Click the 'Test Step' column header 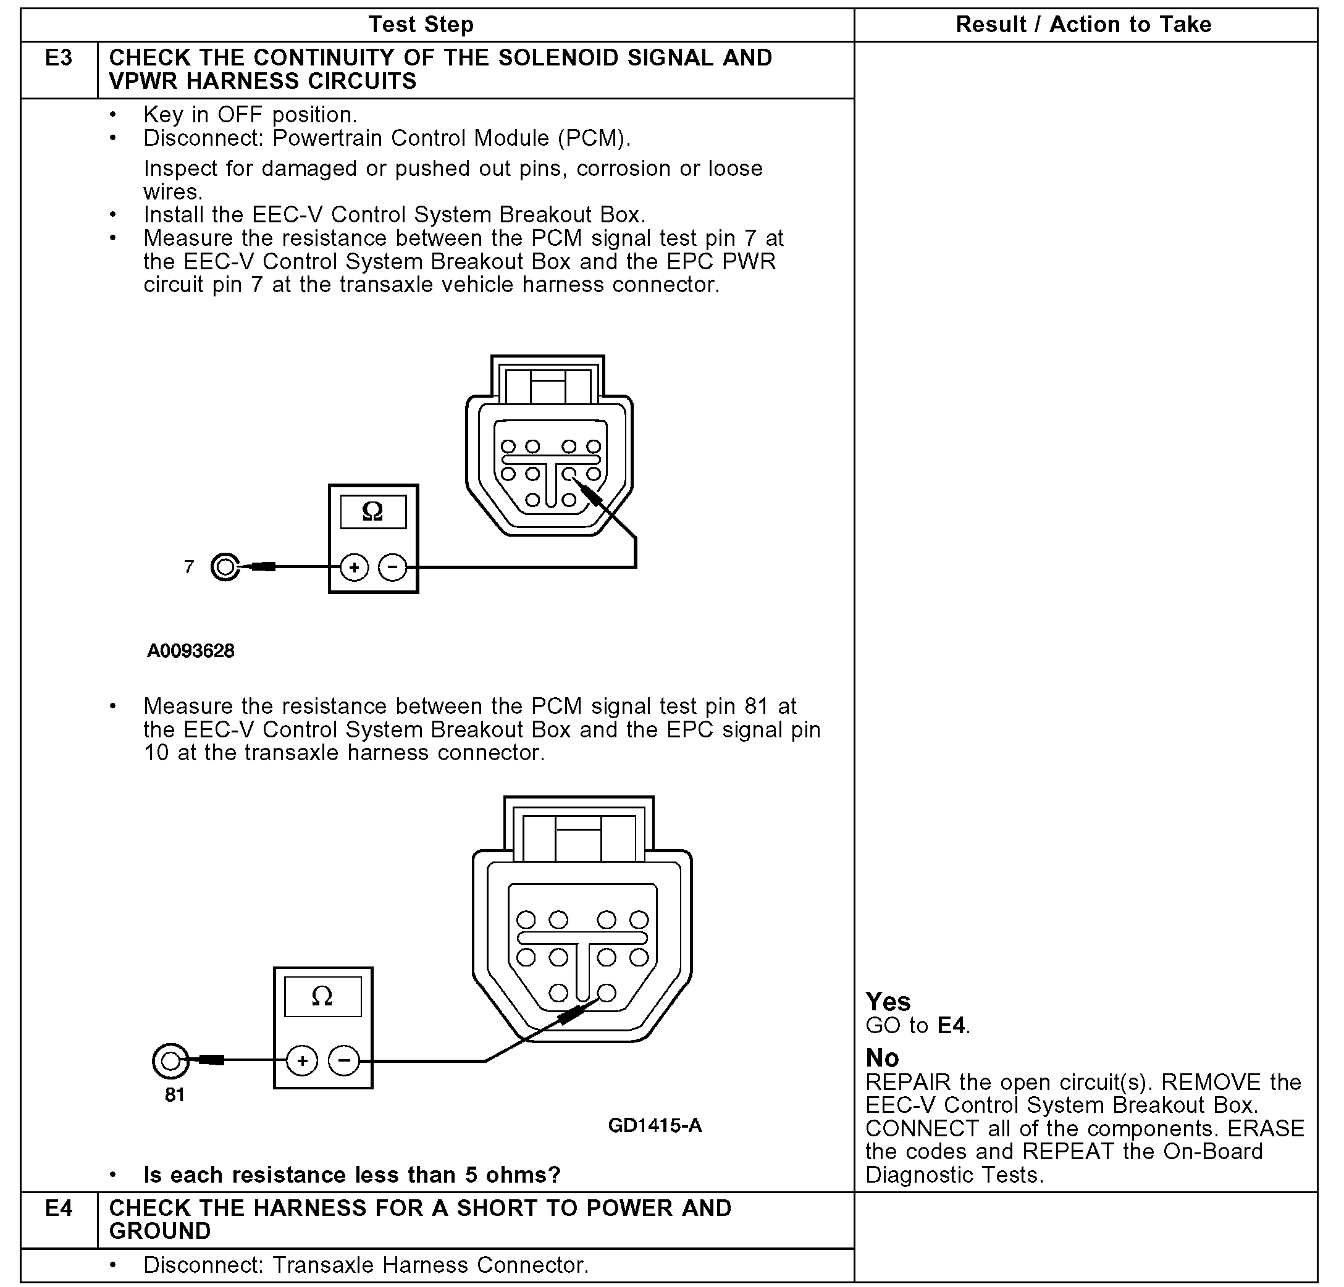click(421, 25)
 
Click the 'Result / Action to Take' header click(1083, 25)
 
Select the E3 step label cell click(59, 58)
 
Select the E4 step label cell click(59, 1207)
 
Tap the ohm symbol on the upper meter click(373, 511)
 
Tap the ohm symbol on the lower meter click(322, 996)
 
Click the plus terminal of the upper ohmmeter click(355, 567)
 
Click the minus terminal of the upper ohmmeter click(392, 567)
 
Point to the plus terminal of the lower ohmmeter click(301, 1062)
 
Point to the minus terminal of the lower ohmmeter click(344, 1062)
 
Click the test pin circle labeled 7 click(225, 567)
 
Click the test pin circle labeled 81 click(170, 1062)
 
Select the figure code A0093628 click(191, 651)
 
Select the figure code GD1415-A click(655, 1125)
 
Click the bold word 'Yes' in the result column click(888, 1002)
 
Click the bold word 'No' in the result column click(883, 1057)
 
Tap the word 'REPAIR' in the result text click(908, 1082)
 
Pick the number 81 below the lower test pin click(175, 1095)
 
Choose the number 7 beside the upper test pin click(189, 567)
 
